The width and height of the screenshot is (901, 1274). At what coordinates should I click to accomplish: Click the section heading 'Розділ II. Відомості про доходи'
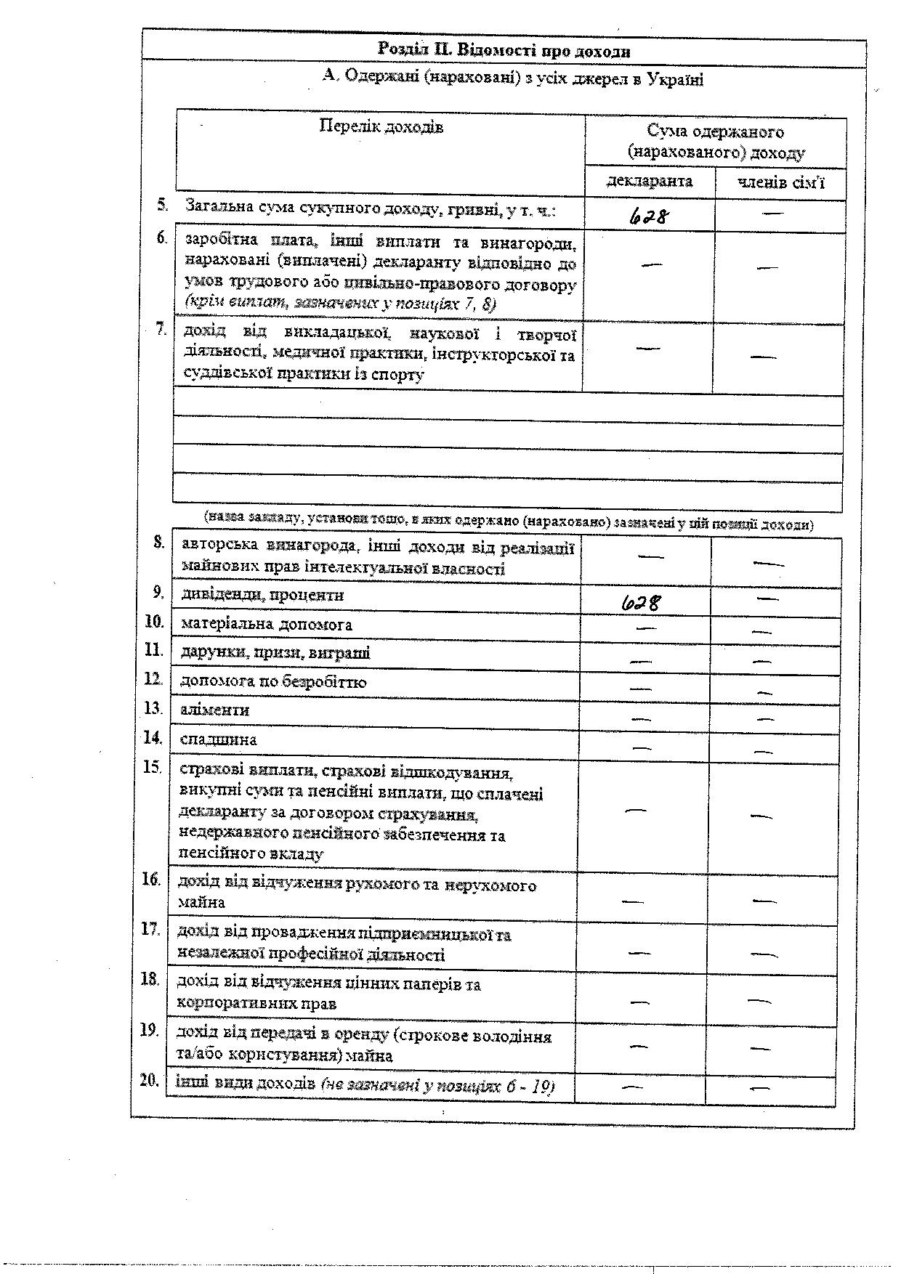point(504,50)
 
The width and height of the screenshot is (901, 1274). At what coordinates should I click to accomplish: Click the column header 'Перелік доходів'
point(381,126)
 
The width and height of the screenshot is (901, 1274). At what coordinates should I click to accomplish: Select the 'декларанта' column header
point(650,181)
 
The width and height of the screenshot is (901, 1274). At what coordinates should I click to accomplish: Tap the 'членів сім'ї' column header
point(781,182)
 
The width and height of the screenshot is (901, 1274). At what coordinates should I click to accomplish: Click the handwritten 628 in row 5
point(650,215)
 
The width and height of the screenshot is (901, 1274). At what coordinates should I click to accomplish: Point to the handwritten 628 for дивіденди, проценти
point(642,602)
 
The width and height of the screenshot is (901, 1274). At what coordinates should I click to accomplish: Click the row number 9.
point(158,593)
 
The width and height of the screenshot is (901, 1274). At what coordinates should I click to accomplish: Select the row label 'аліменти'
point(215,710)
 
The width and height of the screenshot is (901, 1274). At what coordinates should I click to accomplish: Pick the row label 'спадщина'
point(218,740)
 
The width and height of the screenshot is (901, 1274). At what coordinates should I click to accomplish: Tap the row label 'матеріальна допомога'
point(266,624)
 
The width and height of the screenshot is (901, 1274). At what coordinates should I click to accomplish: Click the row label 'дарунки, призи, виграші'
point(275,652)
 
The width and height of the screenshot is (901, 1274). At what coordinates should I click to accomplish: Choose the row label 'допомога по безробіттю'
point(273,682)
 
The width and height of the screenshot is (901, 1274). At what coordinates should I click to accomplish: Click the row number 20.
point(149,1080)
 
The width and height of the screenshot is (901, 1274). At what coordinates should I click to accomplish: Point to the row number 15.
point(152,767)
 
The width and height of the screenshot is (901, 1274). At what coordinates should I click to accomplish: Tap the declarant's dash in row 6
point(652,264)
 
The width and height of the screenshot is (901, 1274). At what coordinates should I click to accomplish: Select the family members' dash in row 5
point(773,214)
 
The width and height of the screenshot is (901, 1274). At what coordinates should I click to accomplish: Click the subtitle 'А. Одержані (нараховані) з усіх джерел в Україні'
point(513,78)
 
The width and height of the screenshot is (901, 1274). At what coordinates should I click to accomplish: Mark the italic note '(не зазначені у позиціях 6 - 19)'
point(438,1086)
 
